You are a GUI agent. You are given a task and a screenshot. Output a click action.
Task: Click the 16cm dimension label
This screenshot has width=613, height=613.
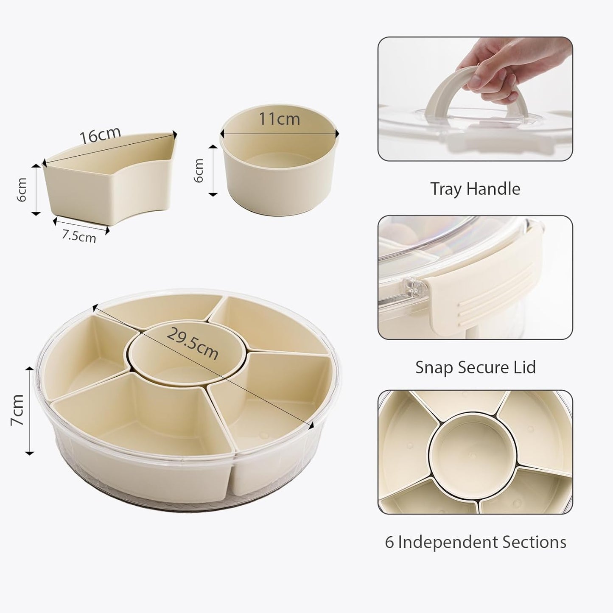(x=100, y=135)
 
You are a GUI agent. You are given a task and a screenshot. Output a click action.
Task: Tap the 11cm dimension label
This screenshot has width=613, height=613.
(x=279, y=118)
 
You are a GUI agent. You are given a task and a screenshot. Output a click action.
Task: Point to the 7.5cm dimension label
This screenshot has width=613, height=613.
(x=79, y=236)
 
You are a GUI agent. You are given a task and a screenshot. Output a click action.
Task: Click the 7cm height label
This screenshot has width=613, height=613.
(x=18, y=410)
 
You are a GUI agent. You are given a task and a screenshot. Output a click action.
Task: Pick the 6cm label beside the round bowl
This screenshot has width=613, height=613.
(x=199, y=170)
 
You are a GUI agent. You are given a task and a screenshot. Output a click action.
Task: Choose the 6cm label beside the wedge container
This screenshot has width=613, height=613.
(x=22, y=190)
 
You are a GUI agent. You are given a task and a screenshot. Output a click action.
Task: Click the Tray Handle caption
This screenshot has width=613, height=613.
(x=475, y=189)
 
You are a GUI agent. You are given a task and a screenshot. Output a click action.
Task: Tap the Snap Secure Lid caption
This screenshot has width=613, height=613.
(x=475, y=367)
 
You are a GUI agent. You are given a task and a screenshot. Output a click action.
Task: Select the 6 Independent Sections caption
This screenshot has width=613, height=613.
(x=475, y=542)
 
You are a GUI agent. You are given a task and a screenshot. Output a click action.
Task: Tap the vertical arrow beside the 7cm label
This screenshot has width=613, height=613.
(x=30, y=410)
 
